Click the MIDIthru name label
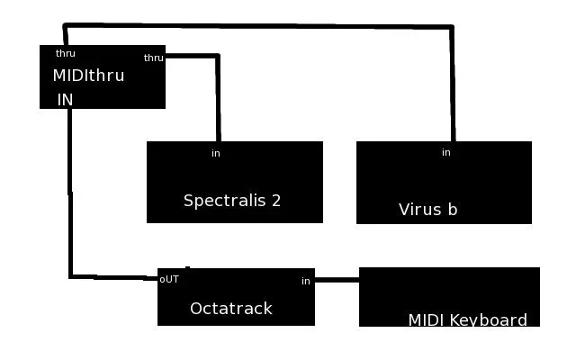(88, 76)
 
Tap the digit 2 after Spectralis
(275, 200)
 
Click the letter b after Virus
(453, 210)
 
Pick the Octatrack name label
(230, 309)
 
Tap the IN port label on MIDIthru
(65, 100)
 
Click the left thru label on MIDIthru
(66, 53)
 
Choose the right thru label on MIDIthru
(154, 58)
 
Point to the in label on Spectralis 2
(216, 153)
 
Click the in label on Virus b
(445, 152)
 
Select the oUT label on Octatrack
(169, 279)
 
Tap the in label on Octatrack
(306, 282)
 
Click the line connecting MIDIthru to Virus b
(270, 27)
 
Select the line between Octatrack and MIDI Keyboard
(337, 280)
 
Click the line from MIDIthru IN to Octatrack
(70, 198)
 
